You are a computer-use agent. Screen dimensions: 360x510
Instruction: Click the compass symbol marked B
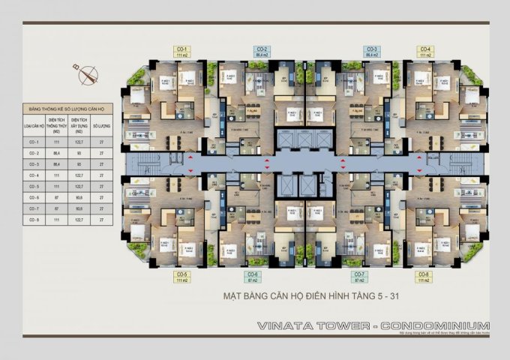pyautogui.click(x=89, y=73)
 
